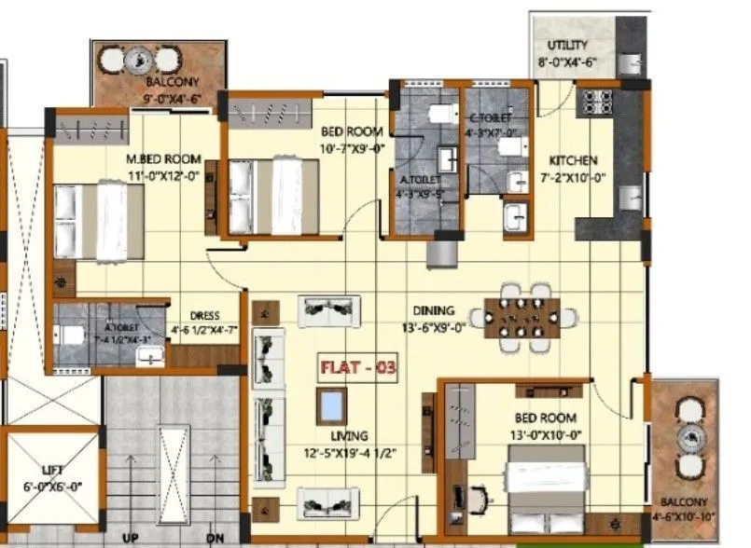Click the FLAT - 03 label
[358, 367]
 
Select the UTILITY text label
[567, 45]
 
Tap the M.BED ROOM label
[163, 158]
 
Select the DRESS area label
[203, 315]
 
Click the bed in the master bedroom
[90, 220]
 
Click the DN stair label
[216, 539]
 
